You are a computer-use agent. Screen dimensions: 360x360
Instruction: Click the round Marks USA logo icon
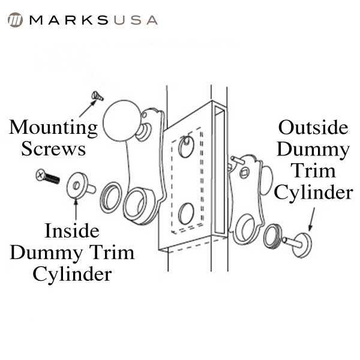coord(15,20)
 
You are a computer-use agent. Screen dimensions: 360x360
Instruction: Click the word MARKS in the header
coord(69,20)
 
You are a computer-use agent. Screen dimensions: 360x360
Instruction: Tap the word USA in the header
coord(136,20)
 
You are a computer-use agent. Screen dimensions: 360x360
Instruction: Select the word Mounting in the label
coord(53,128)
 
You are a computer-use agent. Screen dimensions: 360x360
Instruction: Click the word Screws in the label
coord(53,149)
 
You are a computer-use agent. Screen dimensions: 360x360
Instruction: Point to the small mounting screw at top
coord(97,96)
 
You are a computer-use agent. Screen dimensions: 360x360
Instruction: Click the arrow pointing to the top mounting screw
coord(88,109)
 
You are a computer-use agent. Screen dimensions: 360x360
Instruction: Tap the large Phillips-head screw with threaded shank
coord(48,176)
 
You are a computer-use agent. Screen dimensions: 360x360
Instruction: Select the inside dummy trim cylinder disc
coord(80,185)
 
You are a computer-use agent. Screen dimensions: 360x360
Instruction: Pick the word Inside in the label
coord(72,231)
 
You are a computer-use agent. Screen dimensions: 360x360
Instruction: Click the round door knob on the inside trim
coord(121,121)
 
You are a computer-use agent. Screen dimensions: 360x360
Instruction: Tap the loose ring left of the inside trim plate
coord(110,197)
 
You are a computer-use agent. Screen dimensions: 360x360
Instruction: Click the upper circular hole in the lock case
coord(186,147)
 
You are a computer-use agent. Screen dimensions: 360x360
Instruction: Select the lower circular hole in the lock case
coord(186,214)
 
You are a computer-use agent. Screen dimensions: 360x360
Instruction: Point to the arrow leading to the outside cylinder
coord(312,219)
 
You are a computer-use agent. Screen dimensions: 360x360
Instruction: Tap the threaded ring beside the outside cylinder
coord(273,236)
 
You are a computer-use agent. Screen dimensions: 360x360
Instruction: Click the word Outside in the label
coord(313,128)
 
